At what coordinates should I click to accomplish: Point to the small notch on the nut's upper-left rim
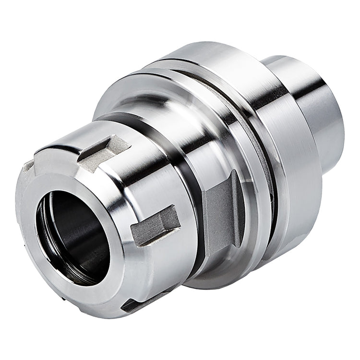click(29, 166)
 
